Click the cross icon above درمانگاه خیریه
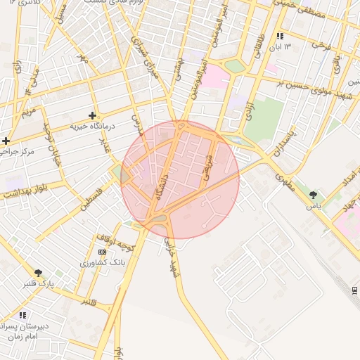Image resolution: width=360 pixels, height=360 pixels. click(x=92, y=115)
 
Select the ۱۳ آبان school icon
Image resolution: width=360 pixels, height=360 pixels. click(x=280, y=36)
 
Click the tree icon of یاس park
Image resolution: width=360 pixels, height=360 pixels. click(x=313, y=195)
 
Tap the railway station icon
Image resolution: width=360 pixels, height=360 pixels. click(x=354, y=290)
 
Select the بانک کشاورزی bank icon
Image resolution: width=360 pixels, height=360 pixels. click(x=103, y=252)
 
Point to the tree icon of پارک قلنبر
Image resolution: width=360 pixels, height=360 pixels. click(x=38, y=273)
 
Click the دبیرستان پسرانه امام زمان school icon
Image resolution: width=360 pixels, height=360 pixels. click(x=22, y=315)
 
